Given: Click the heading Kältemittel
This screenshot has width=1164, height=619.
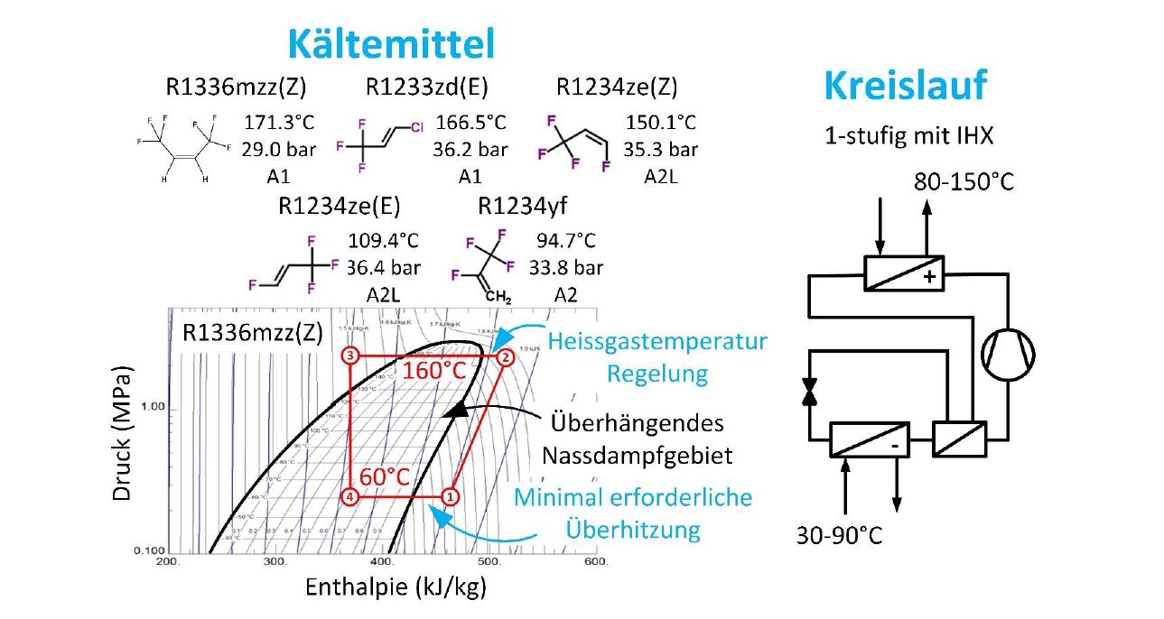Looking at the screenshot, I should click(391, 42).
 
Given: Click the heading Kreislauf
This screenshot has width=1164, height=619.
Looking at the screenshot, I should click(905, 86).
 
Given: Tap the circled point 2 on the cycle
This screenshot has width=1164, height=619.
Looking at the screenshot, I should click(506, 356).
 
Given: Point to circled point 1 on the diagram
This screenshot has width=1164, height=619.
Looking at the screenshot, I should click(449, 495).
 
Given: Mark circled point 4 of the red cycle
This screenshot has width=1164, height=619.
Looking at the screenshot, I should click(351, 495).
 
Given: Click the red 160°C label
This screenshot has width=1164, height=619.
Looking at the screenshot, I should click(434, 371).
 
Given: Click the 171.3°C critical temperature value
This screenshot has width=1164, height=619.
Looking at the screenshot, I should click(276, 123).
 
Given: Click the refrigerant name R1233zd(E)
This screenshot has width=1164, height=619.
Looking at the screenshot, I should click(427, 88).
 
